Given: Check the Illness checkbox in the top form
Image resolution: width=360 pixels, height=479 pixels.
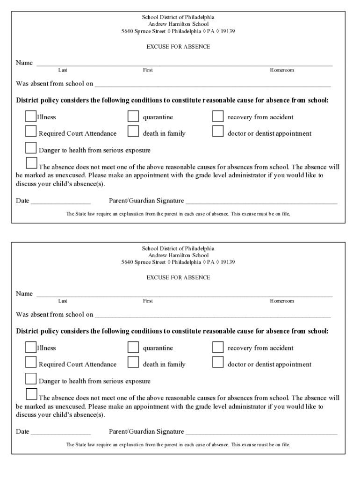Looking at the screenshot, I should pyautogui.click(x=31, y=116).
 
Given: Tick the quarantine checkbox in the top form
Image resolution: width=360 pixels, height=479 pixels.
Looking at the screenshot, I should pyautogui.click(x=133, y=116).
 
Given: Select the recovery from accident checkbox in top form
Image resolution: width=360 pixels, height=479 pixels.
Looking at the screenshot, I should pyautogui.click(x=218, y=116).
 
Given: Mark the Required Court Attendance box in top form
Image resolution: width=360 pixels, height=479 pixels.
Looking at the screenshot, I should pyautogui.click(x=31, y=131).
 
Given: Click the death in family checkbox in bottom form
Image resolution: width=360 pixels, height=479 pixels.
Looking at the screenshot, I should pyautogui.click(x=133, y=362).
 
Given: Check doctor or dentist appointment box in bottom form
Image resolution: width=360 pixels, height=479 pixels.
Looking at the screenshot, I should pyautogui.click(x=218, y=362).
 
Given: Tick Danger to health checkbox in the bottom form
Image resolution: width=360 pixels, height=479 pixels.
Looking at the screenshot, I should pyautogui.click(x=31, y=378).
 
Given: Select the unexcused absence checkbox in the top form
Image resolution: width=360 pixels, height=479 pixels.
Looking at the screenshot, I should pyautogui.click(x=31, y=163).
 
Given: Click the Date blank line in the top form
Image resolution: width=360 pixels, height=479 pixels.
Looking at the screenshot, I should pyautogui.click(x=60, y=202).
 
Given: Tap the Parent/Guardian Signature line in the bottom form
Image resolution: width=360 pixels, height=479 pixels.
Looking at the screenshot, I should pyautogui.click(x=261, y=432).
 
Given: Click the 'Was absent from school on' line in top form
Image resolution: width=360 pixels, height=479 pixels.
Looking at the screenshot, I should pyautogui.click(x=212, y=85).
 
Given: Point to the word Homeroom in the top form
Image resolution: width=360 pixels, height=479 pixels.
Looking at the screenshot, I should pyautogui.click(x=281, y=70).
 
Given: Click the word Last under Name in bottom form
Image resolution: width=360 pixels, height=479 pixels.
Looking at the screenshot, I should pyautogui.click(x=63, y=301).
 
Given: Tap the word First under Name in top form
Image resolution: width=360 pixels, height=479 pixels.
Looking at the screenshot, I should pyautogui.click(x=148, y=70).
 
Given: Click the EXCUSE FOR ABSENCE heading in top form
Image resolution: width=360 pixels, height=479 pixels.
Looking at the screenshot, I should pyautogui.click(x=178, y=47).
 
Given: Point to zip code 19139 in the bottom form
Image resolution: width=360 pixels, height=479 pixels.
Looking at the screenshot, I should pyautogui.click(x=228, y=262).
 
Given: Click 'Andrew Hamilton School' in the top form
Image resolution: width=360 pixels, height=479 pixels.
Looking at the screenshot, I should pyautogui.click(x=178, y=24).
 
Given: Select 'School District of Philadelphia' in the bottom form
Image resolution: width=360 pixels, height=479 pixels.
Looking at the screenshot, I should pyautogui.click(x=178, y=248).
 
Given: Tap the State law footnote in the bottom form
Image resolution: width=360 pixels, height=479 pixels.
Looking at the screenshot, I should pyautogui.click(x=178, y=444).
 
